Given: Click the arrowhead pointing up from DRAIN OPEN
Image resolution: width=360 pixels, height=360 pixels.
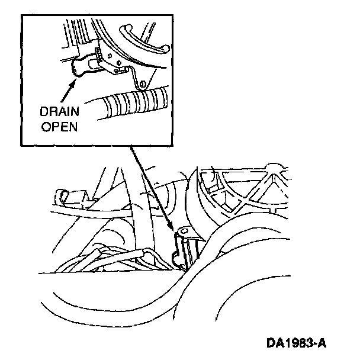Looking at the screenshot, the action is coord(74,81).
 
